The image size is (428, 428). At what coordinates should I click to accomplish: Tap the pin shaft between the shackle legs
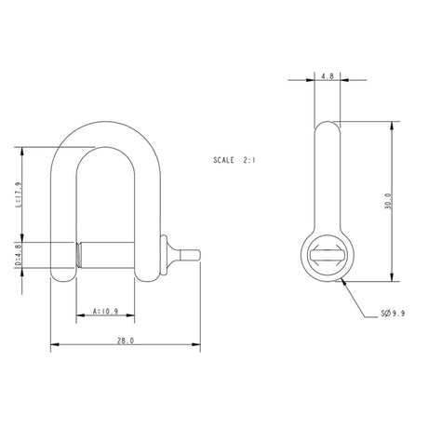tap(107, 254)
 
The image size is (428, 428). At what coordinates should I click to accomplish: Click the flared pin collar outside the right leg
tap(168, 254)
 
